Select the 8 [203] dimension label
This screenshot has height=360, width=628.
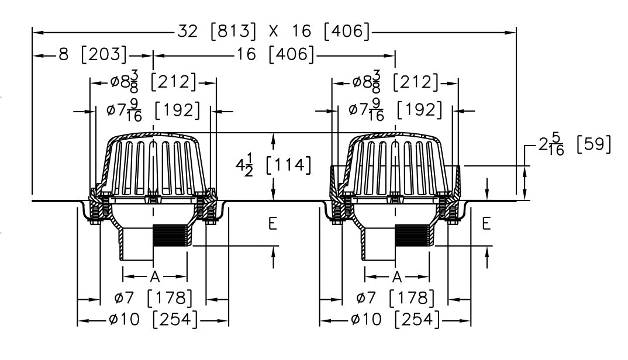[92, 55]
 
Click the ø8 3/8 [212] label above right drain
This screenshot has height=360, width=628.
[395, 82]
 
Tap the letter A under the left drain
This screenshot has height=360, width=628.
[155, 275]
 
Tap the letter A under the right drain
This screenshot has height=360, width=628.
[397, 275]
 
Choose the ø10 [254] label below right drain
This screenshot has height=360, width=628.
[395, 320]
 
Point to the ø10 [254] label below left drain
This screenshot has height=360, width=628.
[153, 320]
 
